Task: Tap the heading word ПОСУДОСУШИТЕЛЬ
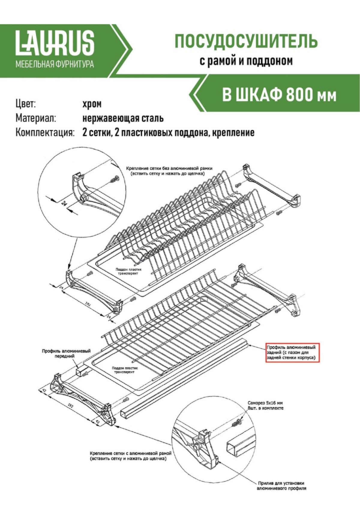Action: coord(246,41)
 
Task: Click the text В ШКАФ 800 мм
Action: coord(279,95)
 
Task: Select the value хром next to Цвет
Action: coord(92,104)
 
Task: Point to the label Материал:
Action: coord(36,118)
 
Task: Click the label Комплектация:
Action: coord(45,132)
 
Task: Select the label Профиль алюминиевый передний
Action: coord(66,353)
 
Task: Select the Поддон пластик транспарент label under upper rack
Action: coord(128,271)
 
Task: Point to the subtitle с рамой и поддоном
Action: coord(246,61)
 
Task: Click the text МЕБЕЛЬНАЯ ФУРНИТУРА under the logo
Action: coord(55,64)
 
